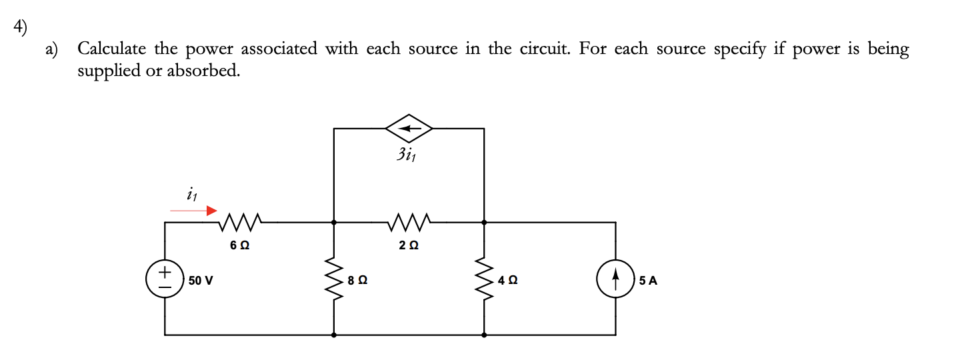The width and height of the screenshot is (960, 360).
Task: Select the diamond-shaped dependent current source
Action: click(x=409, y=128)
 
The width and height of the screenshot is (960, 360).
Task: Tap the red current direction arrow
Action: click(x=193, y=211)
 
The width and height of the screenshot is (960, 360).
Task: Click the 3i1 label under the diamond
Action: click(x=409, y=156)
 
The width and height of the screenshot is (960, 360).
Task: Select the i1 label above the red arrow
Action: click(x=193, y=194)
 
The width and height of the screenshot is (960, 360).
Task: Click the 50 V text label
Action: click(x=201, y=281)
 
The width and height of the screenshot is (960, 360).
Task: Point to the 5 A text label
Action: click(x=647, y=281)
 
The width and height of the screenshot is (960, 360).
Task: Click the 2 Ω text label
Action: click(x=409, y=245)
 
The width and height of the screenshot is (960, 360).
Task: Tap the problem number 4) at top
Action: click(x=22, y=28)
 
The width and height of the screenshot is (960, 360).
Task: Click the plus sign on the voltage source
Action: click(x=165, y=273)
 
